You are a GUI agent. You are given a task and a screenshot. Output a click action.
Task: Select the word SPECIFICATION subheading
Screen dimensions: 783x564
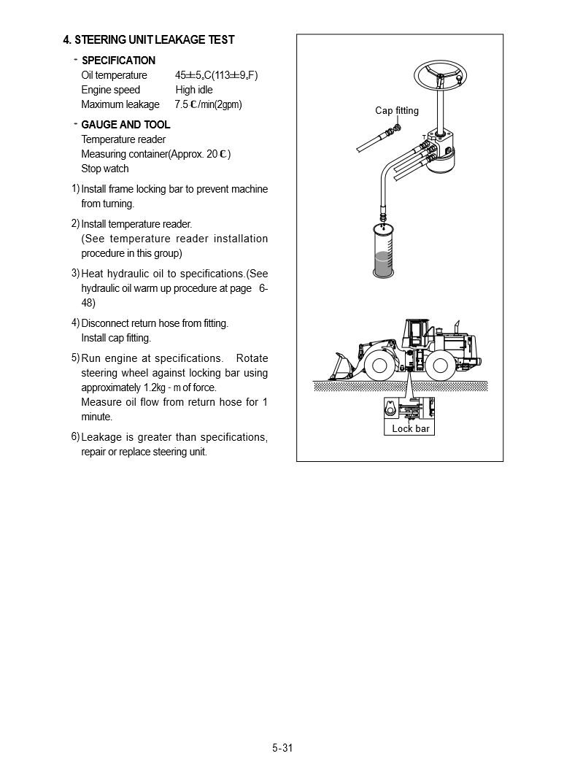118,61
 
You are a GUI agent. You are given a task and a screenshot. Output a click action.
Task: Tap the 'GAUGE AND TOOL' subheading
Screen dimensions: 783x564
125,125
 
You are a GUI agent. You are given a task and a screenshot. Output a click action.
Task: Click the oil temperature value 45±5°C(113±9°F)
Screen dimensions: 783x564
216,75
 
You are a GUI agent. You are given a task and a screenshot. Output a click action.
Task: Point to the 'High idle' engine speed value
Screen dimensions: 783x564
194,90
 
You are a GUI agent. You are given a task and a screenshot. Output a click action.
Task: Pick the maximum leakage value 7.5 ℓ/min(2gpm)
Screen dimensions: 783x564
208,104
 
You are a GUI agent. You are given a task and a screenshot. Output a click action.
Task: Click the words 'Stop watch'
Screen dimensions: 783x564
105,169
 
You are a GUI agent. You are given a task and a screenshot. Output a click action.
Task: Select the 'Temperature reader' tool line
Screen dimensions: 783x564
123,139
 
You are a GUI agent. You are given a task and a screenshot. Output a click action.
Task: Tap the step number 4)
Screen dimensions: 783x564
75,323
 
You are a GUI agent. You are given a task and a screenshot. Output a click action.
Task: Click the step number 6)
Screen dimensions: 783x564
75,436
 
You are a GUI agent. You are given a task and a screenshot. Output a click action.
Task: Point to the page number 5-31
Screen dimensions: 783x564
282,747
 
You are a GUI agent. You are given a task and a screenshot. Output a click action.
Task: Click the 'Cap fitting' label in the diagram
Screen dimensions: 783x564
397,111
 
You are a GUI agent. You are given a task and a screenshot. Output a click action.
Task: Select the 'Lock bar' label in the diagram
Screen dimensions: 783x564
411,428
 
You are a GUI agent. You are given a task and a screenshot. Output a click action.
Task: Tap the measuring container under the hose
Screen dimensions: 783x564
382,252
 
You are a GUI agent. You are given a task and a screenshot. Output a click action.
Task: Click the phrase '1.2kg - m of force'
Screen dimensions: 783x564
179,387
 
